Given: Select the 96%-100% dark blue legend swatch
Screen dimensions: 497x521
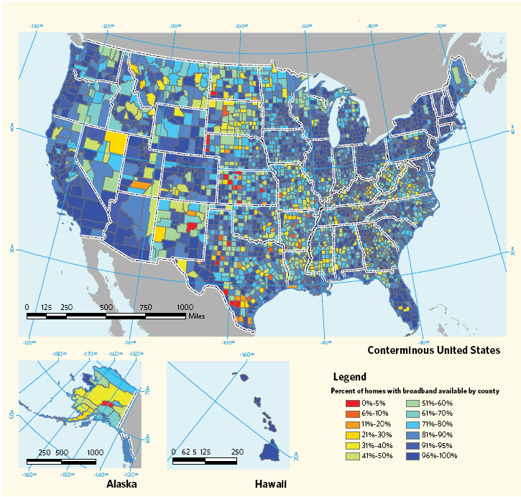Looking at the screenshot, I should pyautogui.click(x=413, y=456).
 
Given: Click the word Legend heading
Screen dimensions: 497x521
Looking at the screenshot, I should pyautogui.click(x=349, y=376).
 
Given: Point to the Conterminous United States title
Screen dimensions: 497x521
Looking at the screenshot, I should pyautogui.click(x=433, y=350).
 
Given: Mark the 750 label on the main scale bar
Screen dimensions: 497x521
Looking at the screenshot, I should pyautogui.click(x=145, y=307).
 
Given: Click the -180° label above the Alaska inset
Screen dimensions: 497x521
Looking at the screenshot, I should pyautogui.click(x=59, y=354).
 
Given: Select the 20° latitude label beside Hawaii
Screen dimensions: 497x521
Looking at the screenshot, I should pyautogui.click(x=295, y=456).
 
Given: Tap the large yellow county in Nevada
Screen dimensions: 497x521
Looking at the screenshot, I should pyautogui.click(x=115, y=140).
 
